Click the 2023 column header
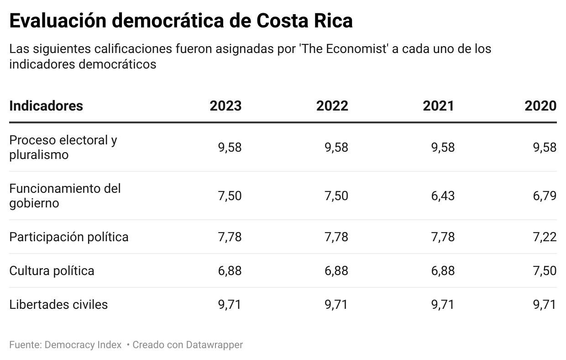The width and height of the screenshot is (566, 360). (x=225, y=106)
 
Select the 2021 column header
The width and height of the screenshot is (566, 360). (x=438, y=106)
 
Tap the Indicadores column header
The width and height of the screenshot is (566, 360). (x=46, y=106)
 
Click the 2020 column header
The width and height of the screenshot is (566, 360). (x=540, y=106)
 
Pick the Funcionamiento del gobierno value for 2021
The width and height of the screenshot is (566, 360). (x=443, y=196)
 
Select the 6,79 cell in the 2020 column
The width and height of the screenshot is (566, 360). (x=545, y=196)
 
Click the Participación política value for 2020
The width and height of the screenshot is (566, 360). (x=545, y=237)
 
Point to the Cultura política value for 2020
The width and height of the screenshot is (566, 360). (x=545, y=271)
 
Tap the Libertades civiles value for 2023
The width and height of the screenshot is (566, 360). (x=230, y=305)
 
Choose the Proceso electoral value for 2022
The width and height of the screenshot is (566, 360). (x=336, y=148)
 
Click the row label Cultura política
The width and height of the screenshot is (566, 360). (x=52, y=271)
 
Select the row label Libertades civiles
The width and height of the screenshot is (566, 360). (x=58, y=305)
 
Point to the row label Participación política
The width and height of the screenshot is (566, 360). (x=69, y=237)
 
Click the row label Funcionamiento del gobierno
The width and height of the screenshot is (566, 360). (x=65, y=196)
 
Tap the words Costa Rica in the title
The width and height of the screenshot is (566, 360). (x=304, y=21)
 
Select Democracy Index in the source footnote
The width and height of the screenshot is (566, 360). (x=83, y=345)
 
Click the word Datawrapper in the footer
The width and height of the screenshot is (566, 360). (x=214, y=345)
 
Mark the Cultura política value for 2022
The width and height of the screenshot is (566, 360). (x=336, y=271)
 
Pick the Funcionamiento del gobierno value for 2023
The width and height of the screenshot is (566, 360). (x=230, y=196)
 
